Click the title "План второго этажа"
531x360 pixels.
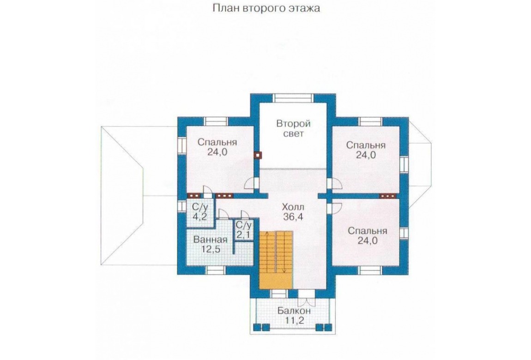click(266, 8)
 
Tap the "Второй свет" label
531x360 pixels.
click(293, 128)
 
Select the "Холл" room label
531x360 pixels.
click(293, 206)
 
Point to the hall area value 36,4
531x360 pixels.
click(293, 216)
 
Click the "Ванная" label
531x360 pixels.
click(210, 240)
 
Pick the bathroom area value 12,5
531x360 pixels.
click(211, 250)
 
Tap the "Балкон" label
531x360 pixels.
click(294, 311)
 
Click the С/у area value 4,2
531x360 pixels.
click(199, 216)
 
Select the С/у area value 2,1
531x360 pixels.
click(243, 234)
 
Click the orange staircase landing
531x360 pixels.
click(276, 281)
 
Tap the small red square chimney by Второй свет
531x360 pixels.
click(258, 155)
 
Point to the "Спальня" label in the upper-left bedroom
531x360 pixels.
click(217, 142)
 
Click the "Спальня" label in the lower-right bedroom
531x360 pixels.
click(368, 231)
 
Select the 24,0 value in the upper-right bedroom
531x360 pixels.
click(366, 155)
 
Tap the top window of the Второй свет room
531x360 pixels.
click(293, 98)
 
